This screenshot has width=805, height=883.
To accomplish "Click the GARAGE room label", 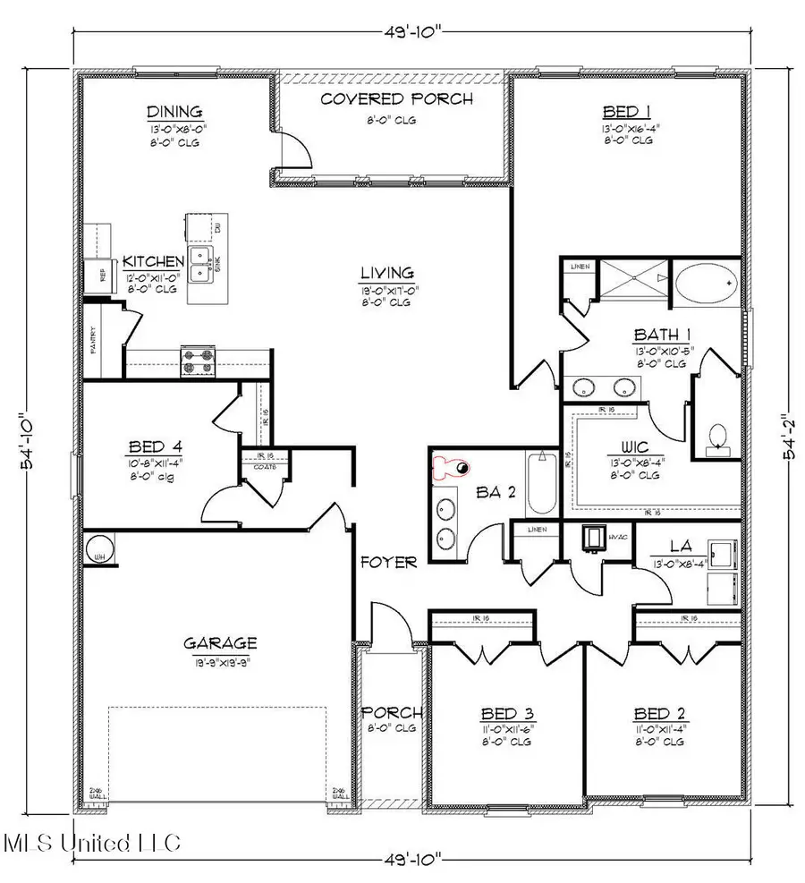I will [x=220, y=642].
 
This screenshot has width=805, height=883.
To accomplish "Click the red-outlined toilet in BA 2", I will [x=451, y=466].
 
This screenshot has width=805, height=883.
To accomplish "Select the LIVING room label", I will [x=386, y=273].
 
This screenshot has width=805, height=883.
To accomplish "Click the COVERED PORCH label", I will [x=396, y=98].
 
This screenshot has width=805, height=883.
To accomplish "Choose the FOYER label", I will [x=388, y=562].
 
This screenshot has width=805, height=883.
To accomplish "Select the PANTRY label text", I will [x=94, y=341].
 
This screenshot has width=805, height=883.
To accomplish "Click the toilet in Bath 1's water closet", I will [x=717, y=436].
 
